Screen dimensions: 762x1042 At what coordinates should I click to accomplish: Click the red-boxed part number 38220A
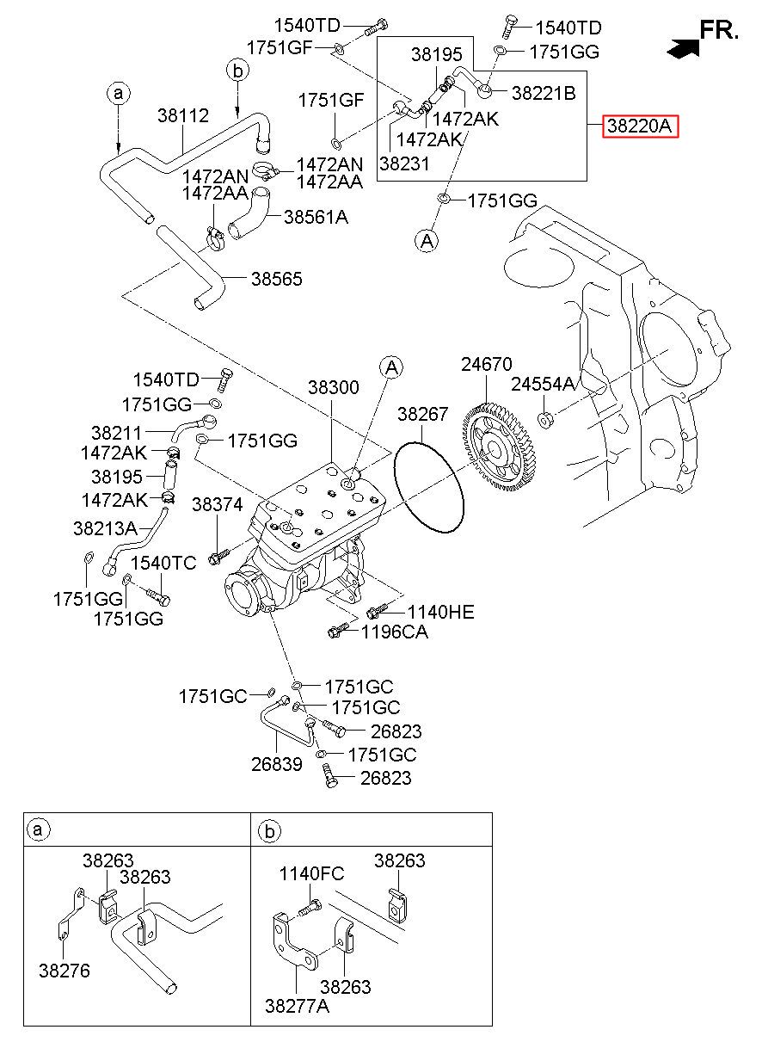point(640,126)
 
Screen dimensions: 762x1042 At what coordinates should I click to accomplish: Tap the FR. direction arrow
point(683,48)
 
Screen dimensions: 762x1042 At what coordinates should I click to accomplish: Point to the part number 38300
point(334,387)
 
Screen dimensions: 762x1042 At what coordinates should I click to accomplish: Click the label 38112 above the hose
point(183,115)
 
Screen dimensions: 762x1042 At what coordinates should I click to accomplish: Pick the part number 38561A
point(316,217)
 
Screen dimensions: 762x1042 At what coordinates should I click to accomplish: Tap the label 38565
point(277,279)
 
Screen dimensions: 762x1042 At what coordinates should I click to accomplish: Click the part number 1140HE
point(440,612)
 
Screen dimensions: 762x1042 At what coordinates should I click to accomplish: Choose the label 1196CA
point(395,632)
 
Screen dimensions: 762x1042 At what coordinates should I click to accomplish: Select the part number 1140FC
point(311,874)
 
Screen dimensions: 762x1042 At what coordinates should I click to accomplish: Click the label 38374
point(217,504)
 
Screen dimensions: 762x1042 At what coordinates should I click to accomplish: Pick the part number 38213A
point(105,528)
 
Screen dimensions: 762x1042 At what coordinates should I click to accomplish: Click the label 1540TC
point(163,563)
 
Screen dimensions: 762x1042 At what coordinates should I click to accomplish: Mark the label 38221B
point(544,94)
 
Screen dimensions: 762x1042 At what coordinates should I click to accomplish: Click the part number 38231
point(404,163)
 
